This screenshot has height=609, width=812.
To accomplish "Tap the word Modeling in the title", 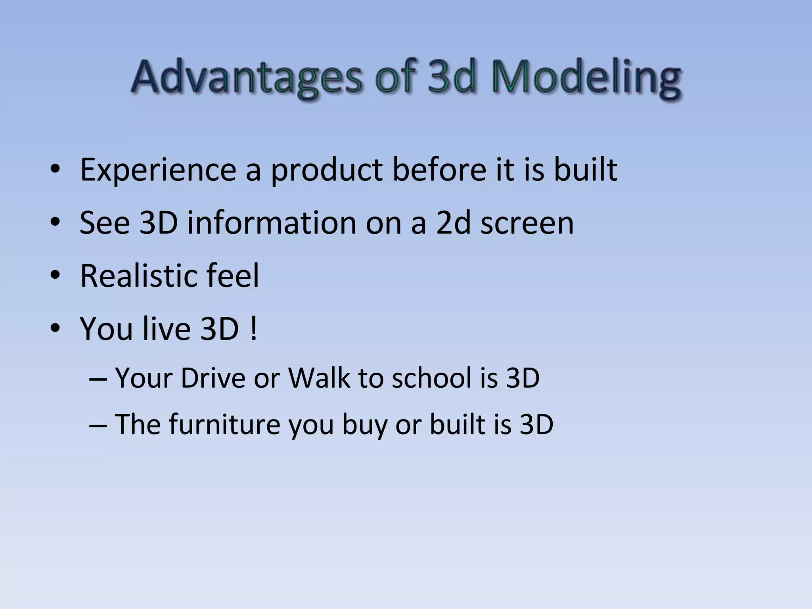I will click(x=586, y=77).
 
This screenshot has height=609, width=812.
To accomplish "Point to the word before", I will click(x=439, y=170).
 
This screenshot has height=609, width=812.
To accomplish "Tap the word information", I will click(x=272, y=223).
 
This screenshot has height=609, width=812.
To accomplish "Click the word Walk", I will click(x=319, y=378).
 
